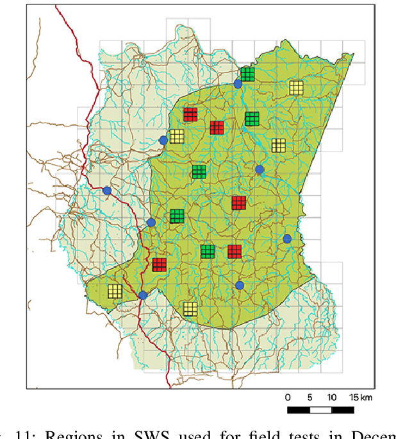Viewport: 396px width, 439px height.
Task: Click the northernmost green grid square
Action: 247,74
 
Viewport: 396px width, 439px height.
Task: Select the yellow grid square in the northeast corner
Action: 296,87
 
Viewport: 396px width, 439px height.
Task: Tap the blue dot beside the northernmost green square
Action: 238,83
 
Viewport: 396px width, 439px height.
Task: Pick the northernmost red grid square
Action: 190,114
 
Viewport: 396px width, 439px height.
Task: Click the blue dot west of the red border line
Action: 107,191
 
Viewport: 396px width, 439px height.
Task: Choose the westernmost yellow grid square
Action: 115,291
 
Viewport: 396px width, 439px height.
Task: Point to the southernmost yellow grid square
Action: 190,309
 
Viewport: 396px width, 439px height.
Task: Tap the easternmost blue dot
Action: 287,239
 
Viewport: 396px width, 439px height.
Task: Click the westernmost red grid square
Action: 160,264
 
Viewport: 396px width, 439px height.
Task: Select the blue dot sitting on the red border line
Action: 142,295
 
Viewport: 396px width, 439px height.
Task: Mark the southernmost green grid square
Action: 207,251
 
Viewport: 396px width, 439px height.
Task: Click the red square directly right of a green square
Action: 234,251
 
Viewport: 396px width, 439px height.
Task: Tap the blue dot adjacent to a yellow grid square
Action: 163,140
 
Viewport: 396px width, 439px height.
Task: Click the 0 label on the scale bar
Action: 288,397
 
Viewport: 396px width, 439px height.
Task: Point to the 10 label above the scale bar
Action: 331,397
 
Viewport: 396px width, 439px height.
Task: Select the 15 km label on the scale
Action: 361,397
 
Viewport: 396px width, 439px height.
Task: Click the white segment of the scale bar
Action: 320,409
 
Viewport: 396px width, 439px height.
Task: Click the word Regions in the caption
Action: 67,434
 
